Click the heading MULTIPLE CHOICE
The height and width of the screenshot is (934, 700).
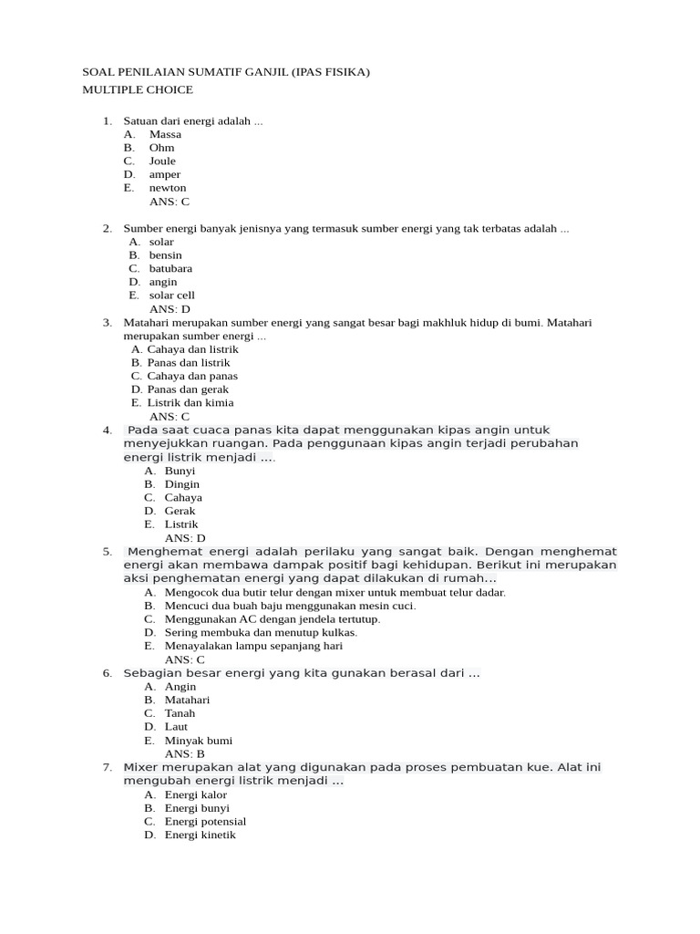pos(138,89)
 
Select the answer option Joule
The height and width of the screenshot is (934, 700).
pos(162,161)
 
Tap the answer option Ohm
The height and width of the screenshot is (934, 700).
pos(161,147)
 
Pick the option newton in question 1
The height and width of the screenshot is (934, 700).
pos(168,188)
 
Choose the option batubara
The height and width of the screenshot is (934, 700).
pos(170,268)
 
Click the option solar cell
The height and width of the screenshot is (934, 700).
pos(171,296)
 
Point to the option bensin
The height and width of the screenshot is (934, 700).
pos(165,255)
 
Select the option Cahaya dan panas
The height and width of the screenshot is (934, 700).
pos(192,376)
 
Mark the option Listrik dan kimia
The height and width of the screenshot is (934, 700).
pos(190,402)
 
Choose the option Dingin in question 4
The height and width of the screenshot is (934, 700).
pos(181,484)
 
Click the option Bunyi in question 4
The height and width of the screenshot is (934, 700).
pos(180,471)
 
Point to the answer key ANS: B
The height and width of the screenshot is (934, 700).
pos(184,754)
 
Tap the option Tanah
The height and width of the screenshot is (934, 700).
pos(180,713)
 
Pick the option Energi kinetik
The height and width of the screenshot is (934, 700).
pos(200,835)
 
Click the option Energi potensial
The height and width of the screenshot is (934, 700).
pos(205,821)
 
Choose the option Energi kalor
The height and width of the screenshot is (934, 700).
pos(195,794)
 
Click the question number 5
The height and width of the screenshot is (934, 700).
pos(107,552)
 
